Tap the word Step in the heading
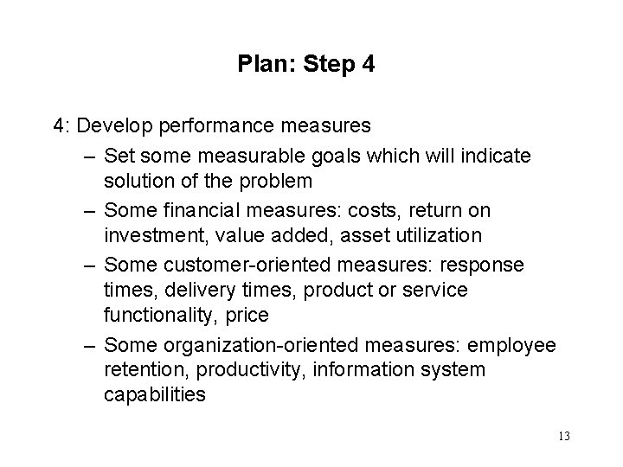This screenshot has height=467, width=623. point(321,65)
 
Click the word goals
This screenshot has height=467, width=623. point(331,157)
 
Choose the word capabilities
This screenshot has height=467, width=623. point(154,394)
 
